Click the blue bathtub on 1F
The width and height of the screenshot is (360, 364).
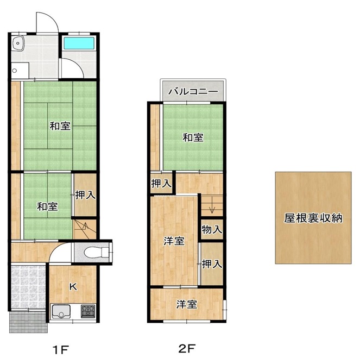pyautogui.click(x=79, y=43)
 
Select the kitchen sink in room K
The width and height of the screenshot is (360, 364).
pyautogui.click(x=61, y=311)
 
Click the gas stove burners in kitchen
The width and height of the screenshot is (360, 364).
pyautogui.click(x=88, y=311)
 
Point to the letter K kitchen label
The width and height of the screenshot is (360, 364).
pyautogui.click(x=73, y=287)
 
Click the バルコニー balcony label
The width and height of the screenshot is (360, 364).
pyautogui.click(x=193, y=91)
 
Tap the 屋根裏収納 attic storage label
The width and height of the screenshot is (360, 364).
pyautogui.click(x=313, y=218)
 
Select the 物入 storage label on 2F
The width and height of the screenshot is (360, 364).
pyautogui.click(x=212, y=230)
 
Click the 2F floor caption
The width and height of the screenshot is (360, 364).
pyautogui.click(x=187, y=348)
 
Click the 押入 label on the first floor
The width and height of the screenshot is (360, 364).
pyautogui.click(x=85, y=195)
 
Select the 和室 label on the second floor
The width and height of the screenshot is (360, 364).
pyautogui.click(x=193, y=137)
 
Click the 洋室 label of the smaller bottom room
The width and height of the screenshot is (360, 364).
pyautogui.click(x=186, y=304)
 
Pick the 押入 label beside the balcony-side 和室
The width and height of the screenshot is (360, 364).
pyautogui.click(x=161, y=184)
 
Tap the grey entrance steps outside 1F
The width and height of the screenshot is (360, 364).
pyautogui.click(x=28, y=322)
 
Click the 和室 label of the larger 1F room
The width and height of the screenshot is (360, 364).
pyautogui.click(x=60, y=126)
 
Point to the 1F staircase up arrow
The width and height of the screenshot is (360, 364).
pyautogui.click(x=85, y=227)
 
